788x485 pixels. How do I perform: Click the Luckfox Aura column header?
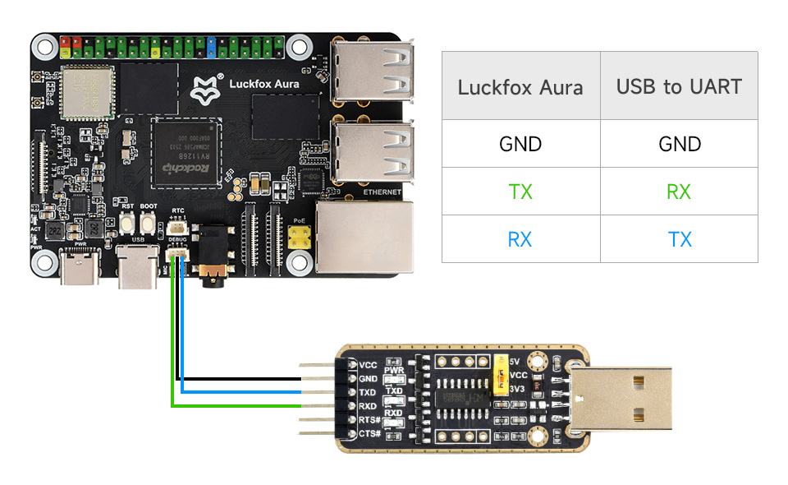[520, 86]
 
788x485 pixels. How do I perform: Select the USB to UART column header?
[679, 86]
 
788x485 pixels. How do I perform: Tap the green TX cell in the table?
[520, 192]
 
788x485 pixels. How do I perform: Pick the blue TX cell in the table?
[679, 239]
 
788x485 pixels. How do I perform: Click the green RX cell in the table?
[679, 192]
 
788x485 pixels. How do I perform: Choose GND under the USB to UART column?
[679, 145]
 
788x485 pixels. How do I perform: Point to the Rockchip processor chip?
[188, 153]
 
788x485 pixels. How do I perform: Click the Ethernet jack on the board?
[363, 235]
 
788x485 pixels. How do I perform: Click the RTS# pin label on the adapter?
[370, 419]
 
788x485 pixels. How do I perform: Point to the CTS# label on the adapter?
[370, 433]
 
